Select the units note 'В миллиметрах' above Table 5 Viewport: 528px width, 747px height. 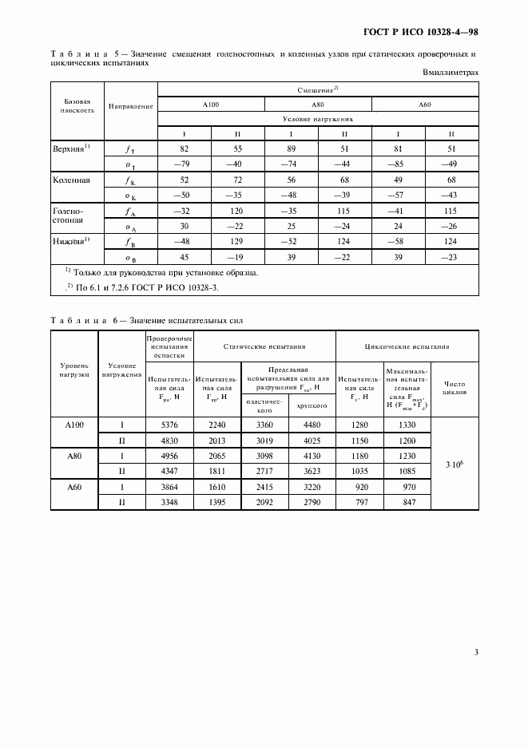point(450,72)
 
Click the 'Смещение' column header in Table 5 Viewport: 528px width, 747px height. point(319,89)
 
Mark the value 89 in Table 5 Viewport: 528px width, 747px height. point(291,148)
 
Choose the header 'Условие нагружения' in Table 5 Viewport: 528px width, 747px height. point(318,118)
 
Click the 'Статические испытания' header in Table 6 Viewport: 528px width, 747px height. point(264,347)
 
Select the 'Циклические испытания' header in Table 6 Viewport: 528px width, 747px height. point(407,347)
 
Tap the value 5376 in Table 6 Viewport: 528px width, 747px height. point(168,425)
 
